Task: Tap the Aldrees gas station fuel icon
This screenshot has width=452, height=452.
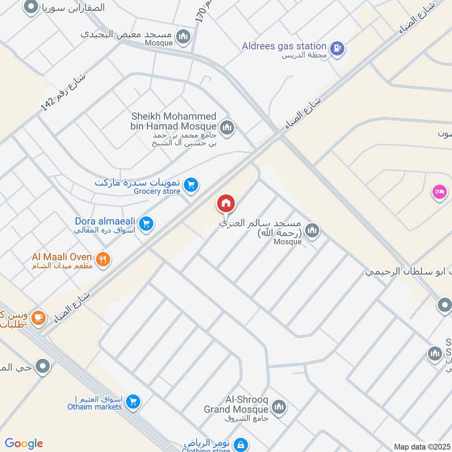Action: pos(337,49)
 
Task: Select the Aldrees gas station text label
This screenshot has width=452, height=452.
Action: pos(284,46)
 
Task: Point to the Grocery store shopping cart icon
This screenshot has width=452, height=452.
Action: pos(192,185)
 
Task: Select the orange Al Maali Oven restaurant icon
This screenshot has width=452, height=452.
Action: pos(103,260)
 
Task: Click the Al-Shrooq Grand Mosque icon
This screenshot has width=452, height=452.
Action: pos(279,407)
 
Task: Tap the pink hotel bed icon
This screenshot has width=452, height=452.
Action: pos(439,192)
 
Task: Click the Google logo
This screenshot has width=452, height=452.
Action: pos(24,444)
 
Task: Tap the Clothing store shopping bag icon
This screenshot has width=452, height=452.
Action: pos(241,445)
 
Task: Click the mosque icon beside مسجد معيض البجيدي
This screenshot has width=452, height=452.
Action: pos(183,37)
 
